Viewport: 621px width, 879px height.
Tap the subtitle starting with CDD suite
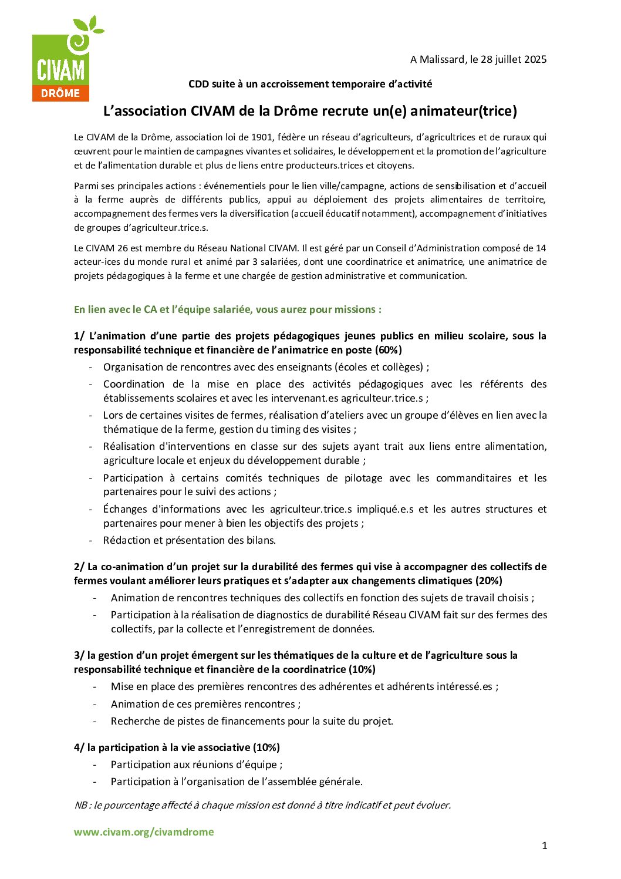coord(310,84)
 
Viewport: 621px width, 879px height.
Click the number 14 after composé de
coord(541,248)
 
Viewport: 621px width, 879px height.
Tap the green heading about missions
coord(227,309)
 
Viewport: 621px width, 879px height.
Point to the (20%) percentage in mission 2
coord(488,581)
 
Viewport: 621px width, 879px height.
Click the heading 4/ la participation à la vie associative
coord(177,747)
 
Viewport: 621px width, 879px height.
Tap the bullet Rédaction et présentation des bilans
coord(190,540)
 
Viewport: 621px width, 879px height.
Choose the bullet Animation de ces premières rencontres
coord(205,704)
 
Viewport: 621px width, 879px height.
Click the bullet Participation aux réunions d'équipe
coord(197,765)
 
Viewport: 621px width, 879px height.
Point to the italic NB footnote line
coord(262,805)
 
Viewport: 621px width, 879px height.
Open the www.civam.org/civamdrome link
coord(144,832)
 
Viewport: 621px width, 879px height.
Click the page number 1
coord(544,846)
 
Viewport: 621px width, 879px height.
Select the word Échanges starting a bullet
coord(124,509)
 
